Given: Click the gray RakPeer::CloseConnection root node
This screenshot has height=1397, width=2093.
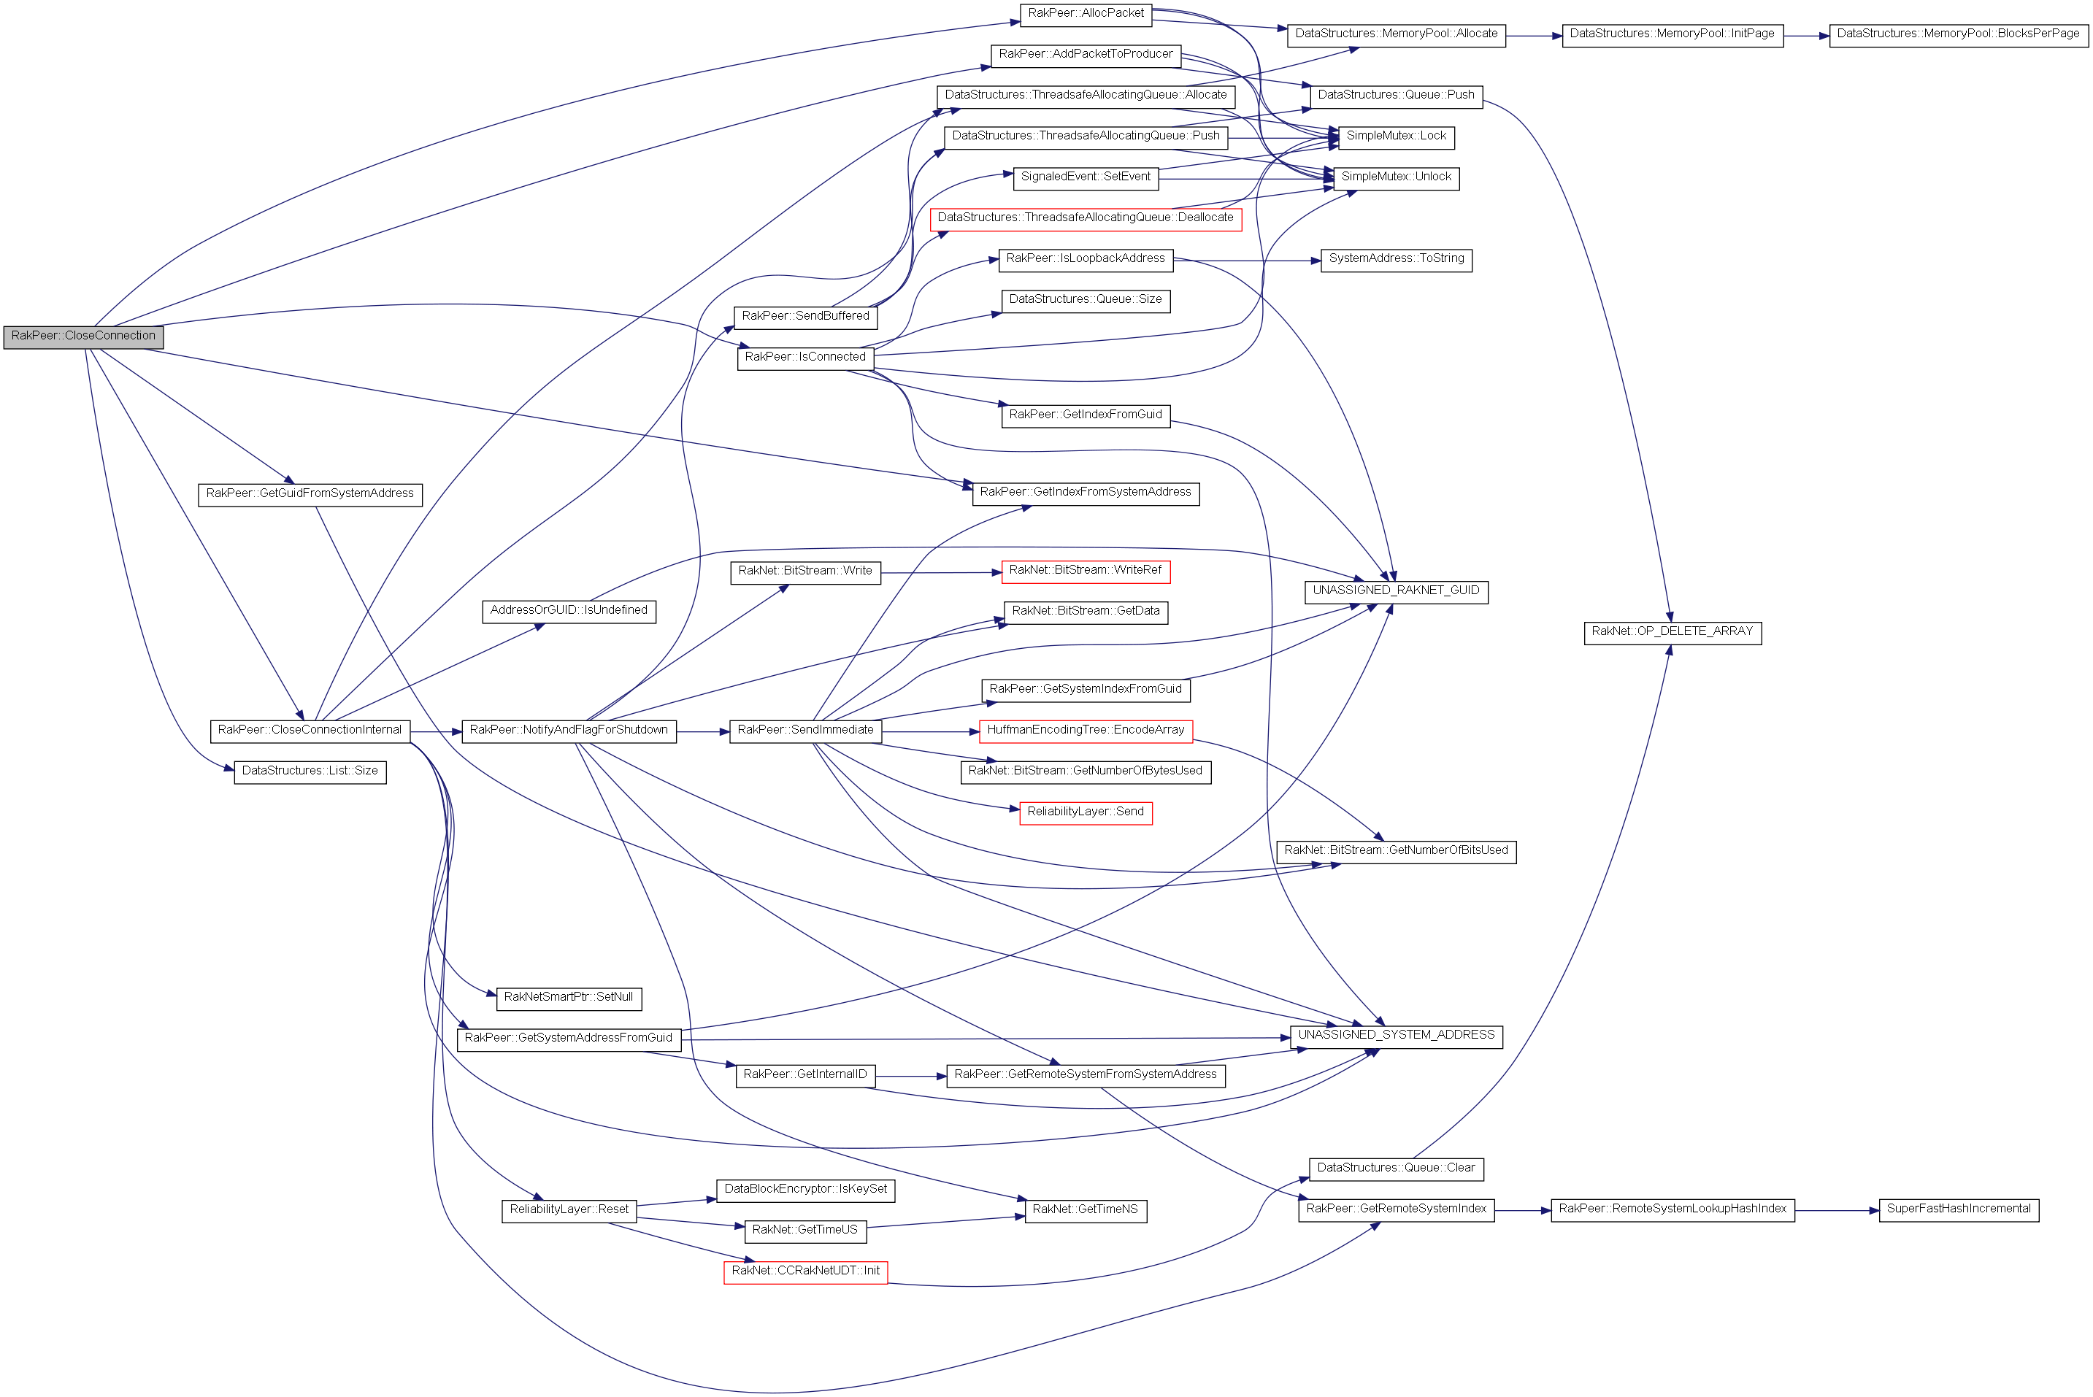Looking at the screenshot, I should click(x=83, y=336).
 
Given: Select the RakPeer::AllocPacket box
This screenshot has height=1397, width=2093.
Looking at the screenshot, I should click(x=1086, y=13).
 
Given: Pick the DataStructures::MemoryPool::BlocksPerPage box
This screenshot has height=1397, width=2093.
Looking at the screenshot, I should click(x=1957, y=34).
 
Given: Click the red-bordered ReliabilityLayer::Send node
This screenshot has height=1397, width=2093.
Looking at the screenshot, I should click(x=1086, y=812).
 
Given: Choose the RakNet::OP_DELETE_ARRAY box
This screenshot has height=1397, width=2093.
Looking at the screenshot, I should click(x=1672, y=631).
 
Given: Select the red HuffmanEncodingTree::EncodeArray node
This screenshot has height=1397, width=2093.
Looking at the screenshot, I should click(x=1086, y=731).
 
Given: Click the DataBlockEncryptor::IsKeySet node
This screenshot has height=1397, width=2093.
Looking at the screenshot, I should click(x=804, y=1190).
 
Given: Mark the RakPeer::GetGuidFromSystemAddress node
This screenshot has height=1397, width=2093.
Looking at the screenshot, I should click(x=310, y=493).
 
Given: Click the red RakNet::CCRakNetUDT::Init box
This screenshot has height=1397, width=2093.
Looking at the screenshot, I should click(x=804, y=1271).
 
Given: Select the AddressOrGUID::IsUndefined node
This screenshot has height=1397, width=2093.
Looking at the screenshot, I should click(x=569, y=610).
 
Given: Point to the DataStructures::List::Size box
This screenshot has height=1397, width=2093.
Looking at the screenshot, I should click(x=310, y=771).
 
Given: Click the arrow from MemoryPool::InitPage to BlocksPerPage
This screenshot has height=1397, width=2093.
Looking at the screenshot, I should click(x=1806, y=36).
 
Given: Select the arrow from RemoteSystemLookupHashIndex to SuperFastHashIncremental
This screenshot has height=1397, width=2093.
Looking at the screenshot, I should click(x=1836, y=1211).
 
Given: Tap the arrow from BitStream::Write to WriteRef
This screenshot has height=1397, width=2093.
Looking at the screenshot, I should click(x=941, y=573).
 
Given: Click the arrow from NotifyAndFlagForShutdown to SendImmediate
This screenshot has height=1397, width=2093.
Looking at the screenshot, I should click(x=702, y=731).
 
